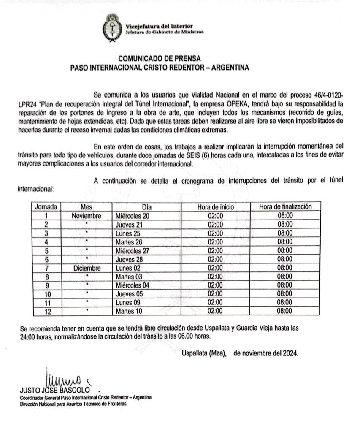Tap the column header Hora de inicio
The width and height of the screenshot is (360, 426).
coord(215,207)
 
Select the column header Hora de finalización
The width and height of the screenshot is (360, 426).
coord(285,207)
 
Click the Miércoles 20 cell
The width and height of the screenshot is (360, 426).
coord(133,216)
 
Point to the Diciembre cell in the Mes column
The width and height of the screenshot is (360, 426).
coord(86,268)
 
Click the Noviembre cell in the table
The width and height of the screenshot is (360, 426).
coord(86,216)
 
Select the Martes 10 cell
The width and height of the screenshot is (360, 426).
coord(129,312)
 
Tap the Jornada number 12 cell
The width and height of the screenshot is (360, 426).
coord(47,312)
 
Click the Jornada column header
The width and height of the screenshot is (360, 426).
coord(47,207)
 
